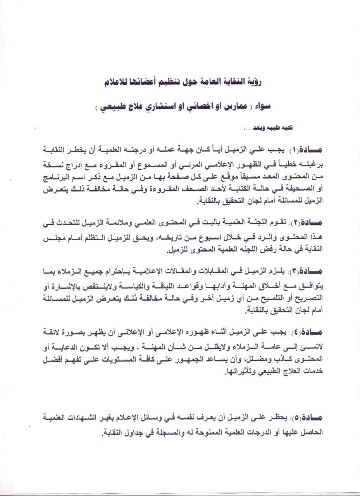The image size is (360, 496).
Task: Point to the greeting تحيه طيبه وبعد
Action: [x=274, y=127]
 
